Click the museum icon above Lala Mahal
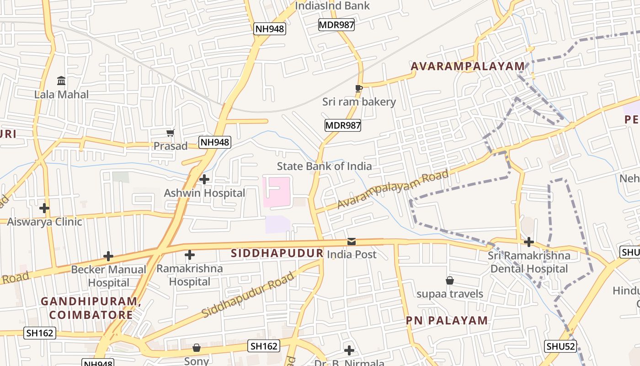(x=61, y=81)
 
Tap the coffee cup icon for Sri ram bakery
(x=359, y=88)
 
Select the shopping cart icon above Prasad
(x=170, y=133)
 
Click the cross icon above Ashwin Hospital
(x=204, y=179)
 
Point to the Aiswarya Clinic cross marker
(x=44, y=208)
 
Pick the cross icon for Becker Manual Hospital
(x=108, y=256)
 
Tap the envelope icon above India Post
(x=351, y=241)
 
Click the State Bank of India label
(x=324, y=166)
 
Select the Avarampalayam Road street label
(x=393, y=188)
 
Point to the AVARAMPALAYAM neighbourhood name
(x=468, y=66)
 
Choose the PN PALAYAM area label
(x=447, y=320)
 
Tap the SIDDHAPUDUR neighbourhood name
(x=277, y=253)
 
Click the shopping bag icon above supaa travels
(x=450, y=280)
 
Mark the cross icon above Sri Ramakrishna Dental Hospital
(x=529, y=242)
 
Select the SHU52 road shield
(x=560, y=346)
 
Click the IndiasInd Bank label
(x=332, y=6)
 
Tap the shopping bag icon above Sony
(x=197, y=348)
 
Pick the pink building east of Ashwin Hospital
(x=277, y=192)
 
